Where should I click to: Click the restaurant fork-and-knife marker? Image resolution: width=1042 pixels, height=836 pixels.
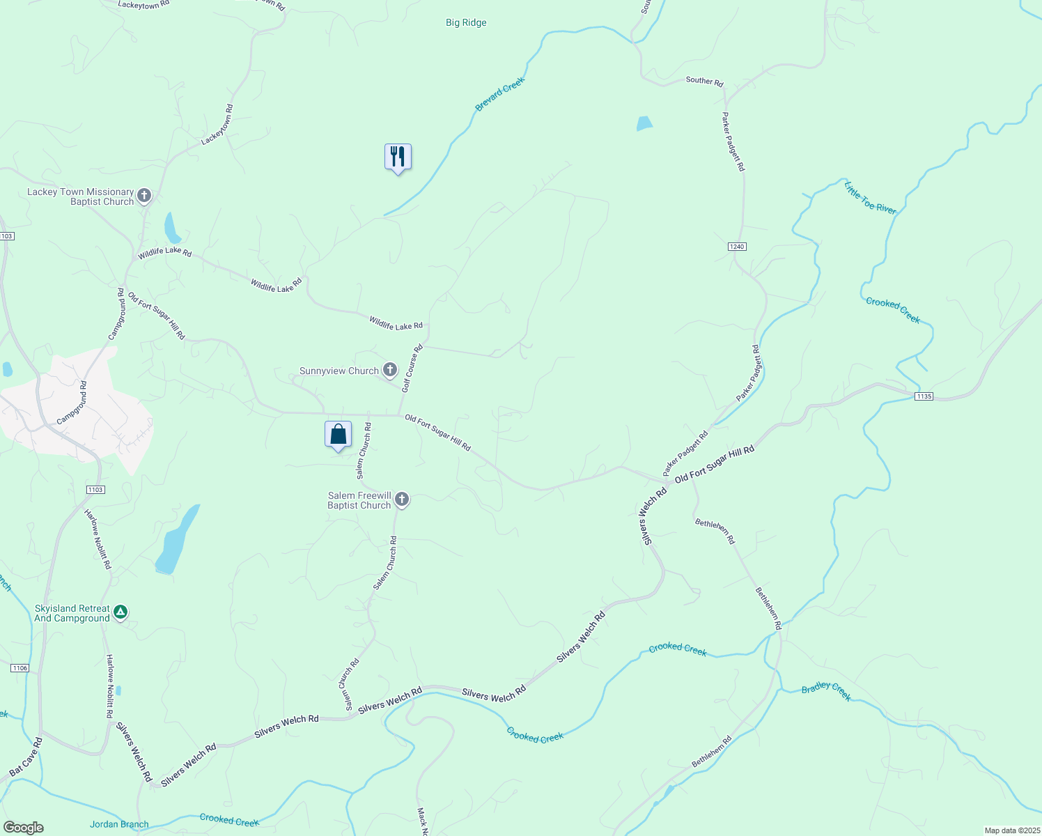coord(398,157)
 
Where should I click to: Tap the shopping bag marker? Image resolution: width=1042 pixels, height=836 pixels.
coord(338,435)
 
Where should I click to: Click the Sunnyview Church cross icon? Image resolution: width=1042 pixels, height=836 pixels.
coord(389,371)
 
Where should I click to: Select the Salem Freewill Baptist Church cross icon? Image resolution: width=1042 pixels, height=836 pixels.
coord(401,500)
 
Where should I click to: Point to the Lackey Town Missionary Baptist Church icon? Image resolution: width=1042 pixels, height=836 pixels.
coord(144,196)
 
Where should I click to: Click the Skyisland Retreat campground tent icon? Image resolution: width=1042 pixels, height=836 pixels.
coord(120,612)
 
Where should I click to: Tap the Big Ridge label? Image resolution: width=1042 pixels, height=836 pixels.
coord(466,23)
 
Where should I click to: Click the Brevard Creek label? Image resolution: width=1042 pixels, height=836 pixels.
coord(499,95)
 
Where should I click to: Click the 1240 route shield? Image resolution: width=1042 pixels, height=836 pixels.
coord(737,247)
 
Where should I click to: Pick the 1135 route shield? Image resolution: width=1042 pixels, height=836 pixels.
coord(924,396)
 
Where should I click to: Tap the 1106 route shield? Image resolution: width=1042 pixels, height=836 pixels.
coord(20,668)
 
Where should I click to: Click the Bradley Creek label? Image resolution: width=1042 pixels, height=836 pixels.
coord(826,691)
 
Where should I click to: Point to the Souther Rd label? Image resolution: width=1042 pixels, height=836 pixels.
coord(704,81)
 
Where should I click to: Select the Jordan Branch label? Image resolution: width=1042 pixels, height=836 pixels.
coord(119,824)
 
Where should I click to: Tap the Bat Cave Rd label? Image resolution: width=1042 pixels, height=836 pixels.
coord(26,757)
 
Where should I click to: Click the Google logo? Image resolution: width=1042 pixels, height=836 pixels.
coord(24,828)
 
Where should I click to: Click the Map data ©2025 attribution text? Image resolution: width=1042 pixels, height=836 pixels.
coord(1011,830)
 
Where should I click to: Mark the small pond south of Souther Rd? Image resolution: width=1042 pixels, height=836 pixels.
coord(644,124)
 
